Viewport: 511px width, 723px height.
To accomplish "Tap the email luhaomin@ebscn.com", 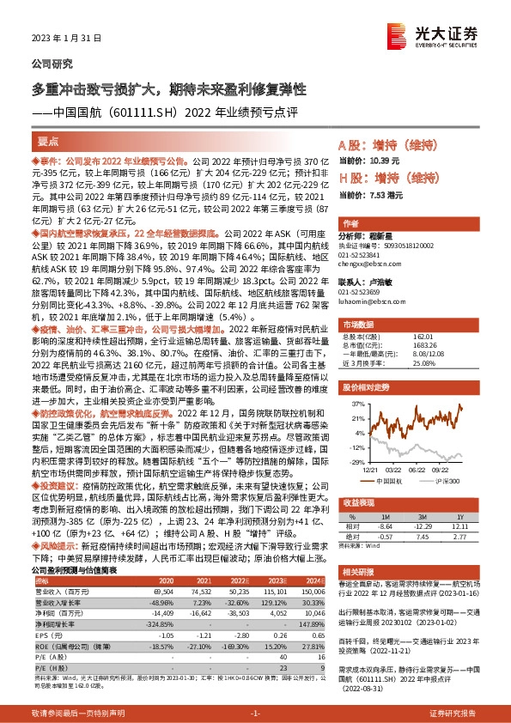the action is click(364, 301).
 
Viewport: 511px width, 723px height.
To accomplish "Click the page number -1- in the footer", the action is click(255, 714).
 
